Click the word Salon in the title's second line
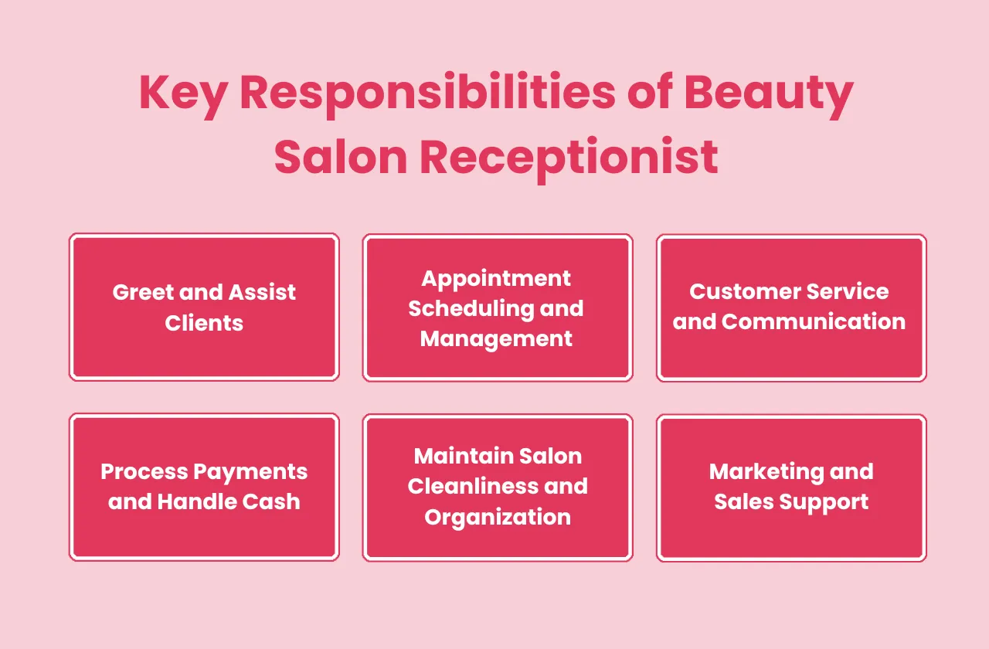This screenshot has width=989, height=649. click(341, 157)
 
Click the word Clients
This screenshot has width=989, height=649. click(204, 322)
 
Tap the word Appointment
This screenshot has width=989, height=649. click(496, 277)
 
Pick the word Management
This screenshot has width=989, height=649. click(496, 338)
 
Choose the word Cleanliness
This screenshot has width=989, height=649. click(477, 486)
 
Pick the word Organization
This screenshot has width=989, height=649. click(498, 516)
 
